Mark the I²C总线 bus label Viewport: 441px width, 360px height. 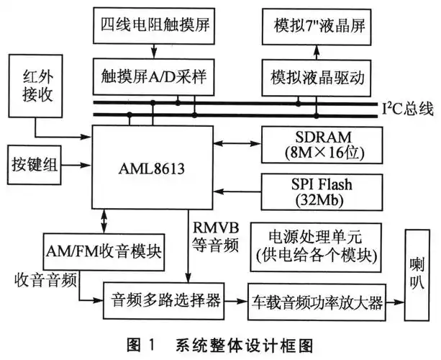(406, 109)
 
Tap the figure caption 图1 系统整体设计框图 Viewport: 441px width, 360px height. (219, 343)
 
